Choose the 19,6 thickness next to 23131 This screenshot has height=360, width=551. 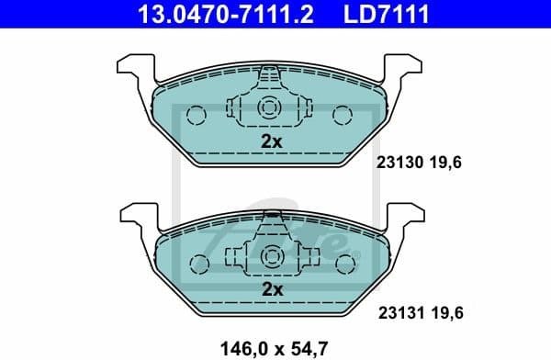[x=449, y=312]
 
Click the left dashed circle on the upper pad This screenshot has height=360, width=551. [x=196, y=115]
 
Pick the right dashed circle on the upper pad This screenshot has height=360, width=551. [x=343, y=115]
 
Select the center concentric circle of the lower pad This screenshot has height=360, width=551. [x=270, y=256]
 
